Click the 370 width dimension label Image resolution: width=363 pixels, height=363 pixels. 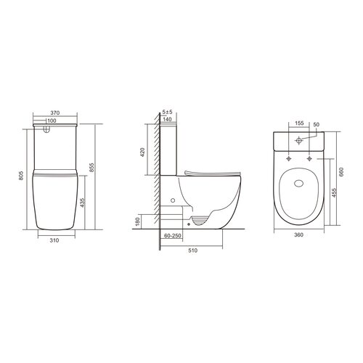[55, 113]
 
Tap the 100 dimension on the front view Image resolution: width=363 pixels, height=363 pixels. [52, 121]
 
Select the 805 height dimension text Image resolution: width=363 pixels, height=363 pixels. [21, 176]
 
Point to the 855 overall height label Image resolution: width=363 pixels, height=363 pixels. [91, 168]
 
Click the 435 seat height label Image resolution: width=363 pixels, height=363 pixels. [82, 203]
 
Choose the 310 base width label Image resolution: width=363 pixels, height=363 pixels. [54, 240]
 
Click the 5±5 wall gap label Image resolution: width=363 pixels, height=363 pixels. [167, 112]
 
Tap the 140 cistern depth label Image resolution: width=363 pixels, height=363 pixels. [167, 119]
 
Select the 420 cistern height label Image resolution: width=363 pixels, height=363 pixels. [142, 152]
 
